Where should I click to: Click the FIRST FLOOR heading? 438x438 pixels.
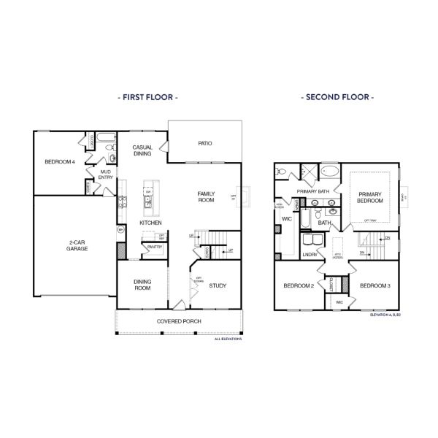click(x=147, y=96)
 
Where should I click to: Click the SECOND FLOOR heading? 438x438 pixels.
click(x=338, y=96)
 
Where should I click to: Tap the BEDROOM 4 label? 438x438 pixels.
click(x=59, y=161)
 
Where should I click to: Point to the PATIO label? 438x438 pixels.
click(x=205, y=143)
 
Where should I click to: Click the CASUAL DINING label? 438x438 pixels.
click(x=142, y=150)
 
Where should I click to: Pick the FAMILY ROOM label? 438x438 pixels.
click(x=206, y=196)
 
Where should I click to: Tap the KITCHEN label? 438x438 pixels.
click(x=150, y=223)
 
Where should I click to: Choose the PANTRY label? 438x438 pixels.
click(x=154, y=247)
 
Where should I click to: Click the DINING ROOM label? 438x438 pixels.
click(x=142, y=285)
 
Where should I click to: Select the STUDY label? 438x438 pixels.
click(x=216, y=285)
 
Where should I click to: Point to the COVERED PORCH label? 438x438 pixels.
click(x=179, y=321)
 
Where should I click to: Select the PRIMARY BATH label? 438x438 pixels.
click(x=314, y=191)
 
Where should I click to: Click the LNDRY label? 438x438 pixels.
click(x=310, y=255)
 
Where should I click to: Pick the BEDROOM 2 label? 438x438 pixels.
click(x=299, y=285)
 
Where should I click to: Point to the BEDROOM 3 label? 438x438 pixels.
click(x=375, y=285)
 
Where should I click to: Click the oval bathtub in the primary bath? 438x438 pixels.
click(x=330, y=173)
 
